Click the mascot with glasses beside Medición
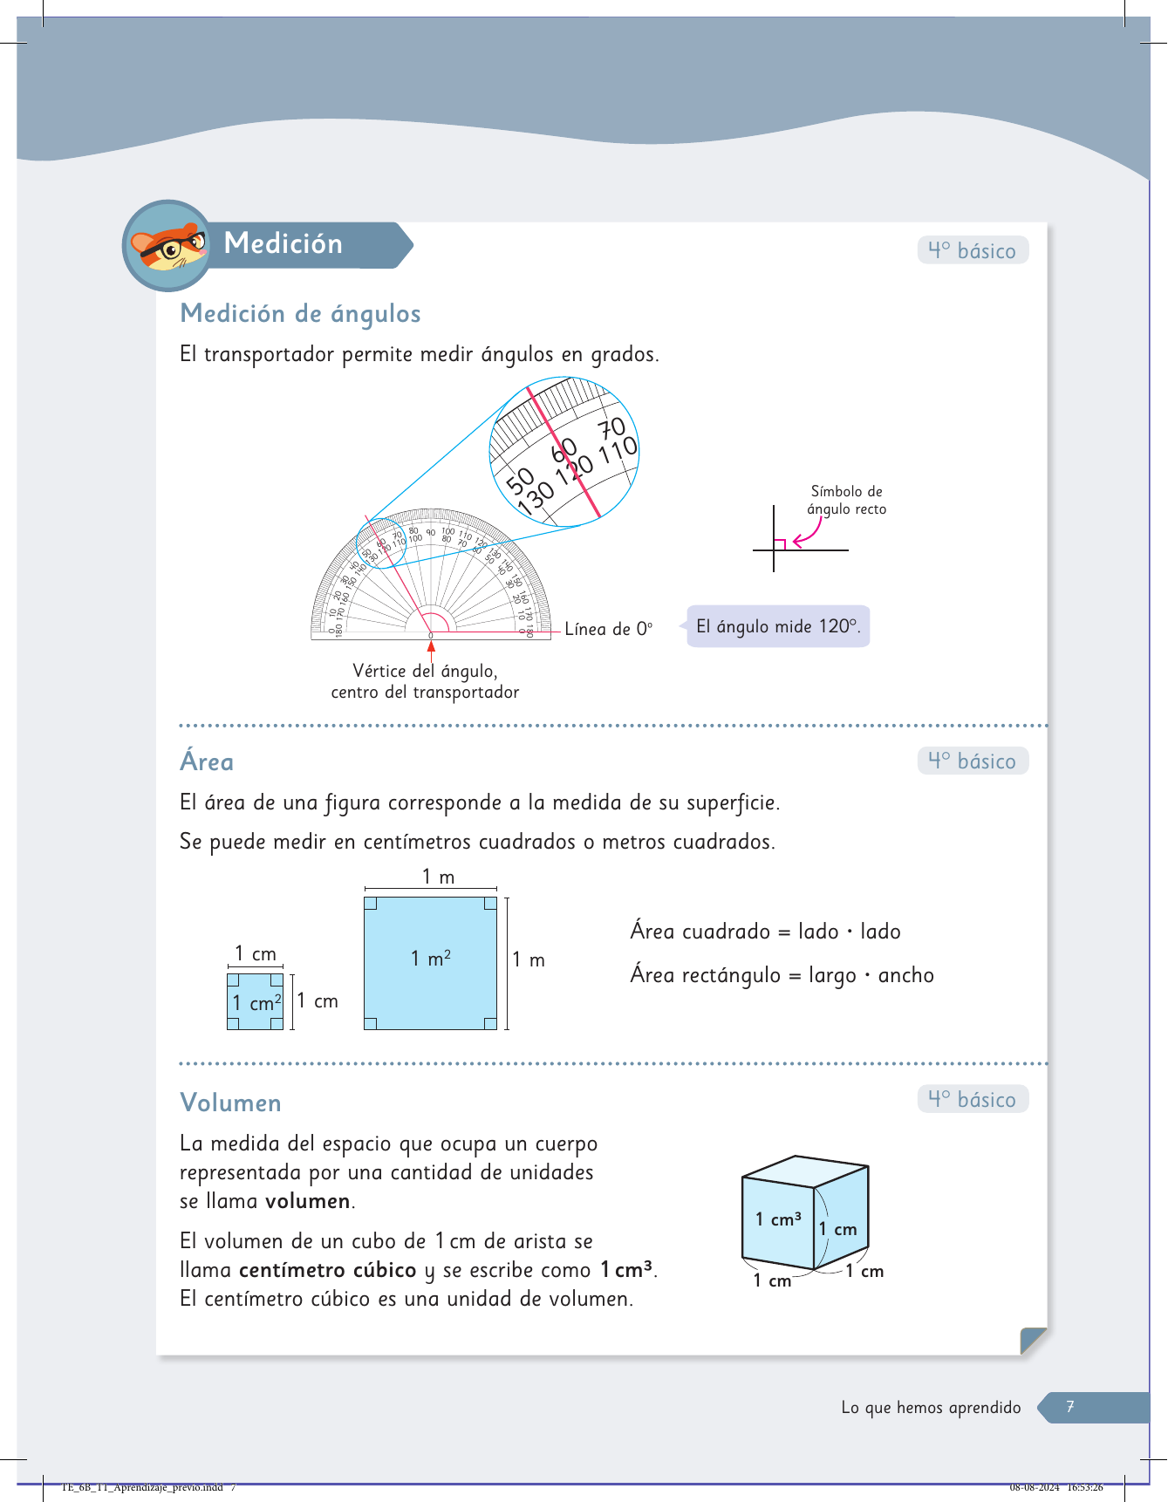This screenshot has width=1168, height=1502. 168,246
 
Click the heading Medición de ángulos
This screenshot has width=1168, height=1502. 300,313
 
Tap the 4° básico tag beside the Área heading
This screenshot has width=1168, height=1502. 973,761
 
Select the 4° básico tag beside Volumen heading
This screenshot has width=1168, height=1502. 973,1099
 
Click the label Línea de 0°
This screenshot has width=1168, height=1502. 608,629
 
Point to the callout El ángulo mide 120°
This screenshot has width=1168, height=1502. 778,626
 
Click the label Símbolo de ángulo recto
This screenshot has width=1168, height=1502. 846,500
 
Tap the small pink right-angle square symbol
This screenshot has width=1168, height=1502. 780,544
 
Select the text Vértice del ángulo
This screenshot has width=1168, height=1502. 425,671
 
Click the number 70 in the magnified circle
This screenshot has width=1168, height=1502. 611,428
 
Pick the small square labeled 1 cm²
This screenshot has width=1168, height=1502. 255,1002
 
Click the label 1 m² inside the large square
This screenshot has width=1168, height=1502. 431,959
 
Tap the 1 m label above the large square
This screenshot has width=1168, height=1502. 438,877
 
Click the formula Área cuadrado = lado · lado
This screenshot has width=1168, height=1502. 765,932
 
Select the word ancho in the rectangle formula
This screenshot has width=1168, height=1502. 905,975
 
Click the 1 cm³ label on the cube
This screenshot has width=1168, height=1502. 778,1219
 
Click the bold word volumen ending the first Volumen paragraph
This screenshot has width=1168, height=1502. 308,1201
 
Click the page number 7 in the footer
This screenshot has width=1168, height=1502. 1070,1406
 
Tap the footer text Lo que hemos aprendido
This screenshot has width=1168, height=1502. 931,1407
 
